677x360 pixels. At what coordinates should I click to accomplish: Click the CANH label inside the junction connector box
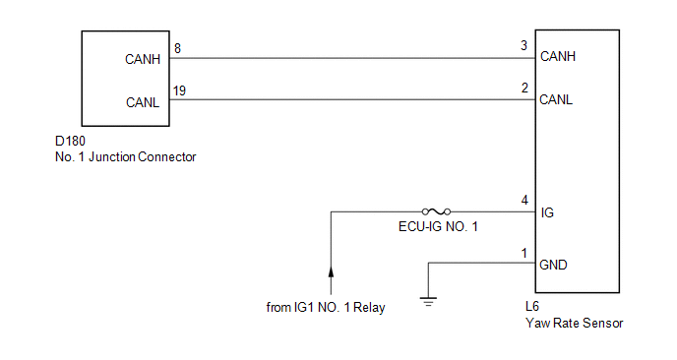point(143,59)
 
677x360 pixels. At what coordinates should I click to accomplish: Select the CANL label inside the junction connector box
point(143,102)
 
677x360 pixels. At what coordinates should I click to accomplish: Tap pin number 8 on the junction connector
point(177,48)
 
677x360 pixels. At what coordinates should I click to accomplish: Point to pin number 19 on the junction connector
point(179,90)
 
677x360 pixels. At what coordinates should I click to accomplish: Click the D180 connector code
point(71,142)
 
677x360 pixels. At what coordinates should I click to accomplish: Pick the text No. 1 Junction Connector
point(126,156)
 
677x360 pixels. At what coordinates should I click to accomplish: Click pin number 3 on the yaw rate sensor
point(523,45)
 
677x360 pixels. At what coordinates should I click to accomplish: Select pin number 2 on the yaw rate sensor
point(524,89)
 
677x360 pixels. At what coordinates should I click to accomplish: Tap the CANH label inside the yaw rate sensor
point(558,56)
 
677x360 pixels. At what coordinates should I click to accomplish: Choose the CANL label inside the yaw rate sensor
point(556,99)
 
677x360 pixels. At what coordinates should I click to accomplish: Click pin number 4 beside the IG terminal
point(524,201)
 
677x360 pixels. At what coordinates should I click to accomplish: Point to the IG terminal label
point(547,212)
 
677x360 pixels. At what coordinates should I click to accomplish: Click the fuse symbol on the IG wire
point(437,211)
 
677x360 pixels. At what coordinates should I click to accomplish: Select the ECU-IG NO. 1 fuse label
point(438,226)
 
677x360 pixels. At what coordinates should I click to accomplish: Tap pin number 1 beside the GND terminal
point(524,253)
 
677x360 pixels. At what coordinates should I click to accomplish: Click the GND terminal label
point(554,265)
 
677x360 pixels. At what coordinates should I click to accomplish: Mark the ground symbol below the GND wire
point(428,302)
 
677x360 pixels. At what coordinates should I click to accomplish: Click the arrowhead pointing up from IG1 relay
point(332,271)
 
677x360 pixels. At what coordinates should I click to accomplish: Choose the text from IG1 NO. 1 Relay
point(326,307)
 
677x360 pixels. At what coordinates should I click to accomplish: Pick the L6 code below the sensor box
point(532,306)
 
